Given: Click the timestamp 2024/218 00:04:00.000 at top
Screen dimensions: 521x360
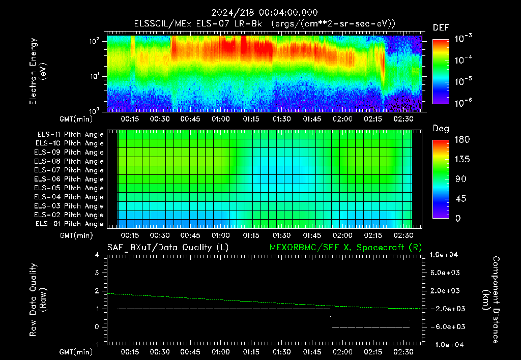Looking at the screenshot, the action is pos(265,13).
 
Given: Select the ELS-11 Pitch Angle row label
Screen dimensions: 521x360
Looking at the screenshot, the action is pos(70,135).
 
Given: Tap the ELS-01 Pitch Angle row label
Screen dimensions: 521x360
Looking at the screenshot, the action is pos(69,224).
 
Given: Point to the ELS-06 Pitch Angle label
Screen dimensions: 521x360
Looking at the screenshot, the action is pos(69,179).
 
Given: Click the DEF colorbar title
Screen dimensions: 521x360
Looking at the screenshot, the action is pos(441,27).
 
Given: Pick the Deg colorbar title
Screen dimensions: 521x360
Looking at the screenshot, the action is pos(441,129).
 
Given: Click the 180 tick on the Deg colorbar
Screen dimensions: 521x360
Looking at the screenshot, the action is pos(462,139).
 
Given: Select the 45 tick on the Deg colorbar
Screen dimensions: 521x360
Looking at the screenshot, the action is pos(460,199).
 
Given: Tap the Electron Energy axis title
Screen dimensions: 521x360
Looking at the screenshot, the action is pos(38,71).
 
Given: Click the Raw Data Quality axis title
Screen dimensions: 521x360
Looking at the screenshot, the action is pos(38,299).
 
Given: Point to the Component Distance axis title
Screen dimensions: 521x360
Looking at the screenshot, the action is pos(491,299).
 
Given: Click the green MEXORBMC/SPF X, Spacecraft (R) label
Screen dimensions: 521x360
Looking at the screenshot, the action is pos(345,248).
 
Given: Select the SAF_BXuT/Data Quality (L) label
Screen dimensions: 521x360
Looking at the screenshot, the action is pos(168,248).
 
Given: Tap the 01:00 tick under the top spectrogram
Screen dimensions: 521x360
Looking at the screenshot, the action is pos(221,119).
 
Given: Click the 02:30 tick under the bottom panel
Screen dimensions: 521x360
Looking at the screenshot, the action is pos(403,352).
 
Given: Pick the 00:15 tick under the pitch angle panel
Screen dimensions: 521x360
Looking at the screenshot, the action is pos(130,235).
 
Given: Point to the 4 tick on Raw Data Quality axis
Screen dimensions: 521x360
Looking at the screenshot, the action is pos(97,255).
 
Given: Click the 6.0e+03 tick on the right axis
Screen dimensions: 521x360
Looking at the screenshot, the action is pos(445,273).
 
